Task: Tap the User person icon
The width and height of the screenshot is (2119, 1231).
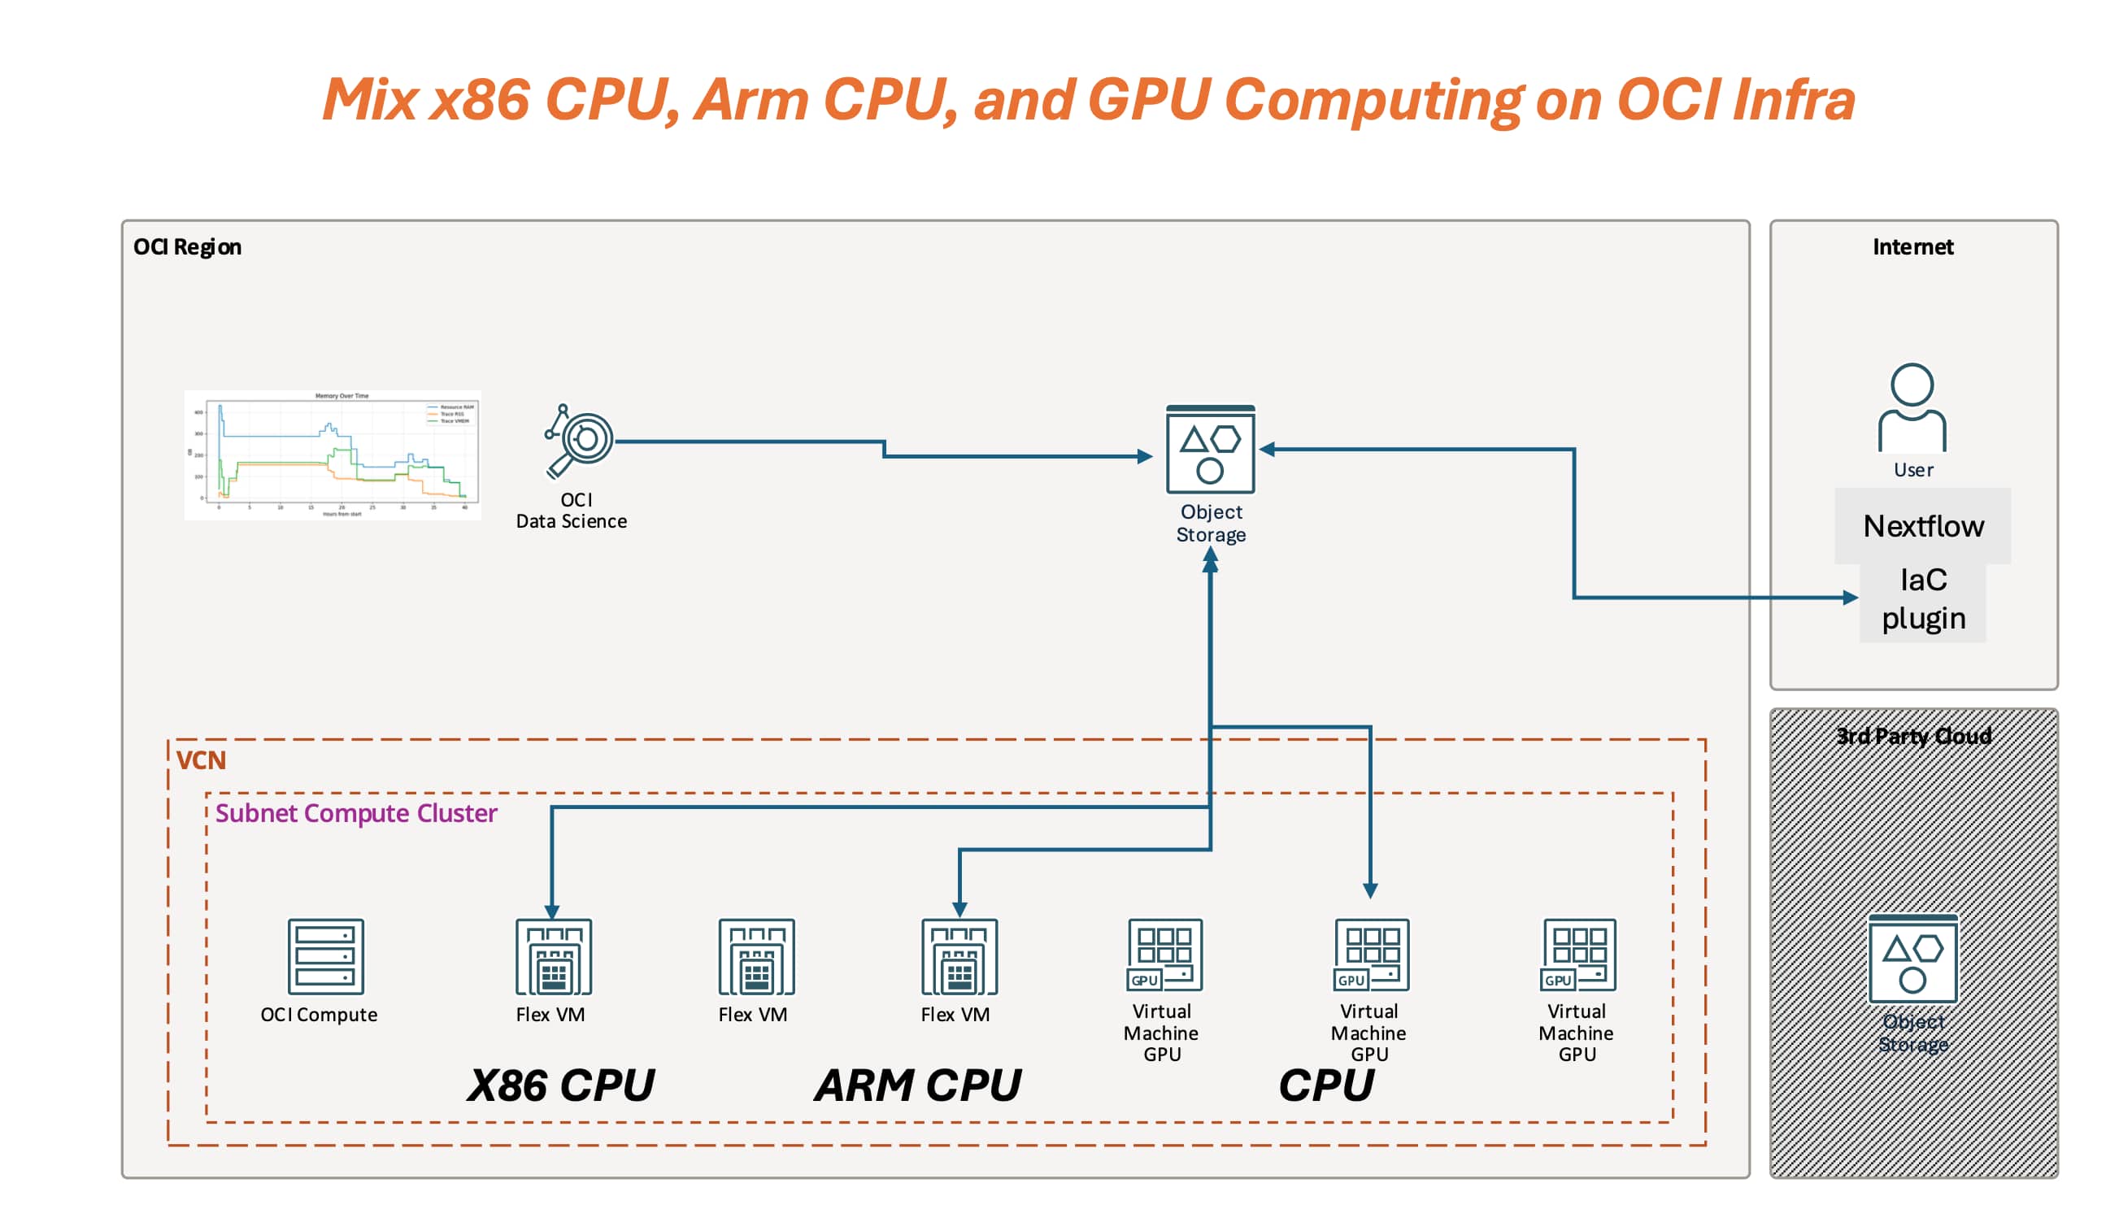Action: tap(1912, 408)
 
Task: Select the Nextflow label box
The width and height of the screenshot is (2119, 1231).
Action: tap(1922, 526)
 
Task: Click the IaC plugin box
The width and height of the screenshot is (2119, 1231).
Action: tap(1922, 599)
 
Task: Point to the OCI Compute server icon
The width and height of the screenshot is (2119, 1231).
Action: tap(325, 956)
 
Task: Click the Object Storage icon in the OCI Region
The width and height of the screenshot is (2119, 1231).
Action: tap(1210, 450)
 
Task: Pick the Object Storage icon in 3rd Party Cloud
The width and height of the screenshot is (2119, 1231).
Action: tap(1912, 959)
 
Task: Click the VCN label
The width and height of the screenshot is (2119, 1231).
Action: tap(201, 760)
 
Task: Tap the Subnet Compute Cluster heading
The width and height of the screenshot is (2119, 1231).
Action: tap(355, 813)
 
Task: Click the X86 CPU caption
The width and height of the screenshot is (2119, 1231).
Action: tap(561, 1085)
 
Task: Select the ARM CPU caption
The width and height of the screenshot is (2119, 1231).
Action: tap(917, 1085)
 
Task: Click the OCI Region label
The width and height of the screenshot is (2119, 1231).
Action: tap(187, 247)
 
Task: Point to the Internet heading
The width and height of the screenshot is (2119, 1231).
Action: tap(1912, 247)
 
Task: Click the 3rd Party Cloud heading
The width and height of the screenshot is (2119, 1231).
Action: tap(1912, 737)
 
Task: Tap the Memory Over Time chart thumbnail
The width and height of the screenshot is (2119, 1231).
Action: tap(333, 455)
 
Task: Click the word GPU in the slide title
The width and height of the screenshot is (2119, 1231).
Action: tap(1149, 100)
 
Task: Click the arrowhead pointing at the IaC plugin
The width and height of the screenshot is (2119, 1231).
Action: tap(1850, 598)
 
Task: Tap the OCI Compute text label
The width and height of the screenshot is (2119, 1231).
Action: tap(319, 1015)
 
